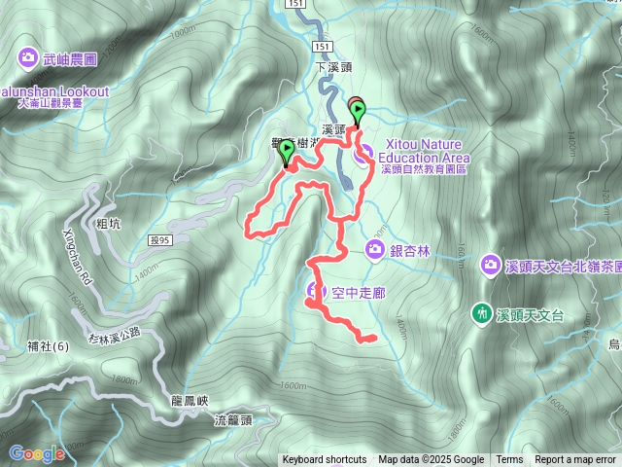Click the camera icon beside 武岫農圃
tap(27, 58)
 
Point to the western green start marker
tap(287, 152)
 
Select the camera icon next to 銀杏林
tap(375, 251)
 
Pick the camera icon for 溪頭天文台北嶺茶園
tap(492, 265)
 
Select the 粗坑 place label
tap(110, 223)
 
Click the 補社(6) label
tap(49, 345)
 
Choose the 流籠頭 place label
tap(233, 420)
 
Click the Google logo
tap(36, 453)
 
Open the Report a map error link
tap(575, 460)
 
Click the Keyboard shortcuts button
tap(324, 460)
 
